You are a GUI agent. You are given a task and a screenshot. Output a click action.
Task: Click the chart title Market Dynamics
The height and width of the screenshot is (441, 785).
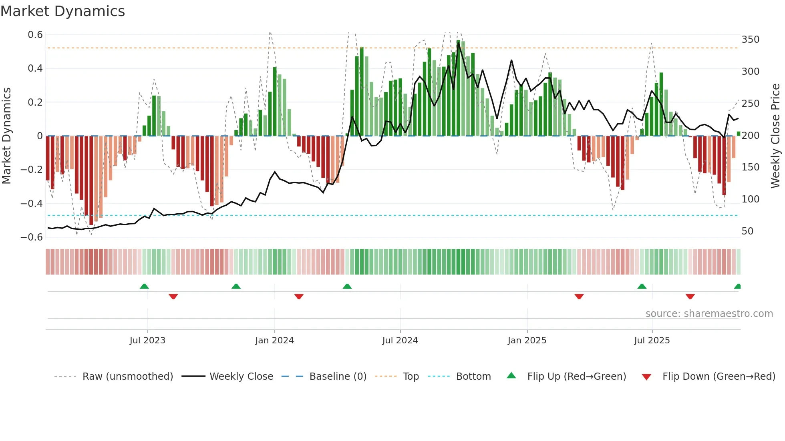62,11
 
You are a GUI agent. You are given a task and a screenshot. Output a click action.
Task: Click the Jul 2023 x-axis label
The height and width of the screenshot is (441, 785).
147,341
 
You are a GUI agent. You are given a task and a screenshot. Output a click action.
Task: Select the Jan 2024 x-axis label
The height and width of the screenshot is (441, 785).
274,341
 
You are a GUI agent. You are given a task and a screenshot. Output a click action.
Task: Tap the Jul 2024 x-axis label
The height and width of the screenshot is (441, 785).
400,341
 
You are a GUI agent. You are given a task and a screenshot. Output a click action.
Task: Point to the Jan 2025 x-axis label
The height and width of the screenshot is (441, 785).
527,341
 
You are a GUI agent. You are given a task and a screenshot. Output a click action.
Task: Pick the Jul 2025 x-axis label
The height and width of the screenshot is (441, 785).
652,341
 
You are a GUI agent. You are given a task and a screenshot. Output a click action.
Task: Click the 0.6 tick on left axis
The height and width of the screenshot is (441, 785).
35,35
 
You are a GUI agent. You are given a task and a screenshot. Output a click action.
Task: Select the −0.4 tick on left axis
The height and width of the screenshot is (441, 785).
32,203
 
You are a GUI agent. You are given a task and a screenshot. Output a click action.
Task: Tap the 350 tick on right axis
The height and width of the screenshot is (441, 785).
750,40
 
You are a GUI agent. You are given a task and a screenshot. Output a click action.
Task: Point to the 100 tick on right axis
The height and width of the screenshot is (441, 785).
750,199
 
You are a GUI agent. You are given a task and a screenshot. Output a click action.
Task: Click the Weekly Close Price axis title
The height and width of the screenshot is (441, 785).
775,136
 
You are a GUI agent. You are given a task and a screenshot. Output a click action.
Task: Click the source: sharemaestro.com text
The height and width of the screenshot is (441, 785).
709,314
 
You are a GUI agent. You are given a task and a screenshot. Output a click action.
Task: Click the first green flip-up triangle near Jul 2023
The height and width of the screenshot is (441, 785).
144,286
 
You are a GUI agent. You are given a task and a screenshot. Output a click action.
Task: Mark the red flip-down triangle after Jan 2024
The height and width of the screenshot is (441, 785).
299,297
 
